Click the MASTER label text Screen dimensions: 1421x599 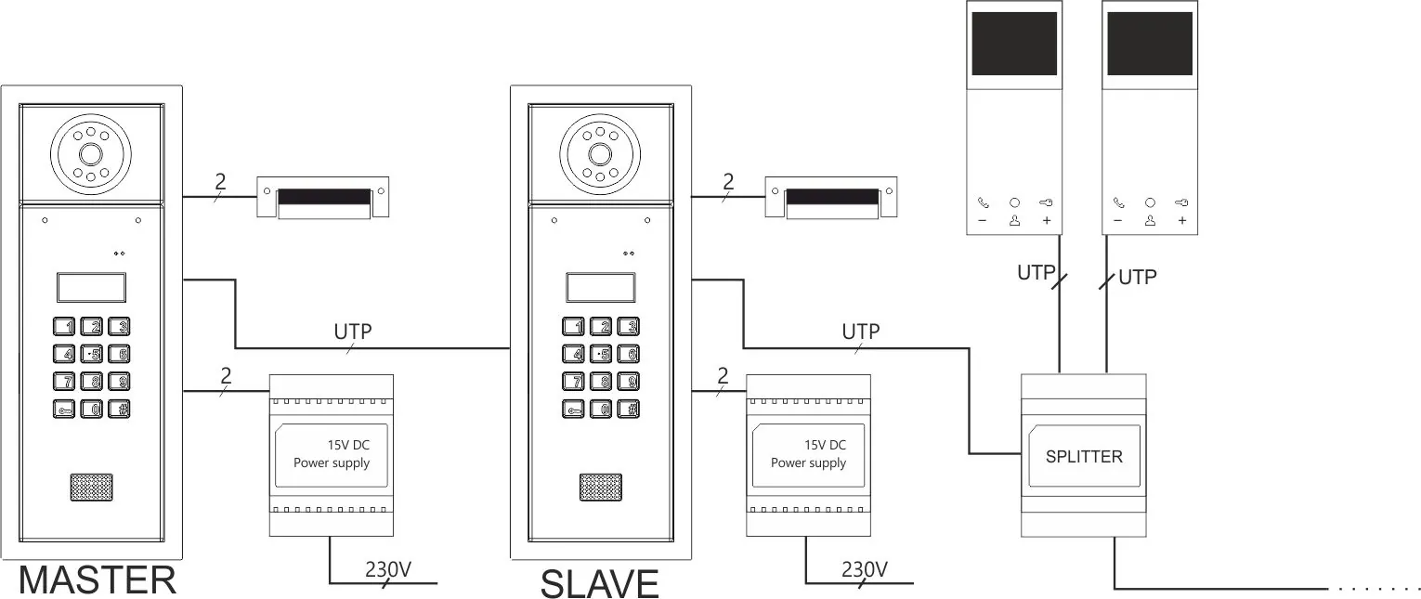tap(98, 580)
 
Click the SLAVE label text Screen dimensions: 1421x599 tap(599, 583)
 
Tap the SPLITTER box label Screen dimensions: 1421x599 tap(1084, 456)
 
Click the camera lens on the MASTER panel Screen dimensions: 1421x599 tap(91, 154)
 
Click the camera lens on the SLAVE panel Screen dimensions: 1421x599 tap(600, 154)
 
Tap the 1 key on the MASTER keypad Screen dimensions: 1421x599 tap(63, 326)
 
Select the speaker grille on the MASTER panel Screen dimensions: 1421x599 tap(91, 488)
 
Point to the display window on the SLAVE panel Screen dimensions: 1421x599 tap(601, 288)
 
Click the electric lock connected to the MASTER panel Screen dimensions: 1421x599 tap(323, 197)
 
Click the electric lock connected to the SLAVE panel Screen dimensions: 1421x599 tap(831, 197)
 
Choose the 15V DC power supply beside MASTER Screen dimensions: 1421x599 tap(332, 456)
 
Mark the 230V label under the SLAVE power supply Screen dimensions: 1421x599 tap(864, 569)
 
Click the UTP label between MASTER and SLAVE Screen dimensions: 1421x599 tap(353, 332)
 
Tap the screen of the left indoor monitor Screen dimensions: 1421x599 tap(1014, 44)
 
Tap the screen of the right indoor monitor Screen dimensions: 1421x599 tap(1150, 44)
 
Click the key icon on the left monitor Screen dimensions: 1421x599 tap(1046, 203)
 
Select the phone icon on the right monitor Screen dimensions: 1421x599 tap(1118, 203)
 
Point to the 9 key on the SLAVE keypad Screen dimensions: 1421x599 tap(628, 382)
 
